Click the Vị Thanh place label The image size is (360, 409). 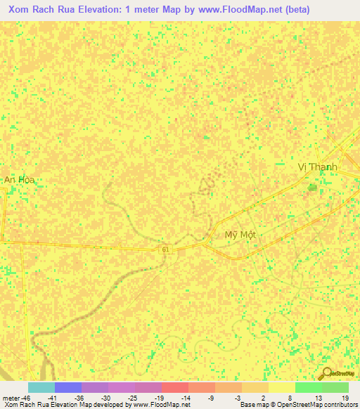[x=318, y=167]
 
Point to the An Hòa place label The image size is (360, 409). [x=19, y=180]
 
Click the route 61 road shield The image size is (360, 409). [x=165, y=249]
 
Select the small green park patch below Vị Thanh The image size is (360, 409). [x=311, y=187]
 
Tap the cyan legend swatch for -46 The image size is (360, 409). [x=41, y=387]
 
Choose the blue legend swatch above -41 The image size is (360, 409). [x=67, y=387]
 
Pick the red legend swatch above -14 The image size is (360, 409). [x=174, y=387]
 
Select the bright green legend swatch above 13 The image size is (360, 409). [x=308, y=387]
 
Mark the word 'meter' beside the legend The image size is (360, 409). [x=10, y=397]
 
